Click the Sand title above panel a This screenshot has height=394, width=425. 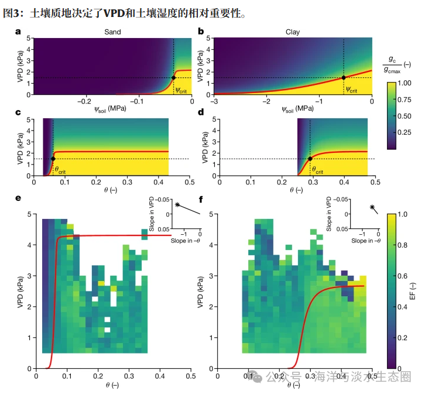click(112, 32)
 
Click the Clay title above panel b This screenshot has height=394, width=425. click(292, 32)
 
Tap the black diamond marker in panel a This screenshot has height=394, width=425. click(173, 77)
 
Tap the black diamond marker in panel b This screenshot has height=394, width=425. click(343, 77)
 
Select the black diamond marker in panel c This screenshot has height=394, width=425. click(53, 159)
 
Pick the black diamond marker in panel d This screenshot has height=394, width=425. click(310, 159)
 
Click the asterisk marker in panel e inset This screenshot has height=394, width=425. click(177, 204)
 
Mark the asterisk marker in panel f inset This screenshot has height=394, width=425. click(372, 207)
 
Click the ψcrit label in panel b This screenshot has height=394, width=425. click(352, 90)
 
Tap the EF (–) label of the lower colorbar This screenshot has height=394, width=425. click(413, 290)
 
